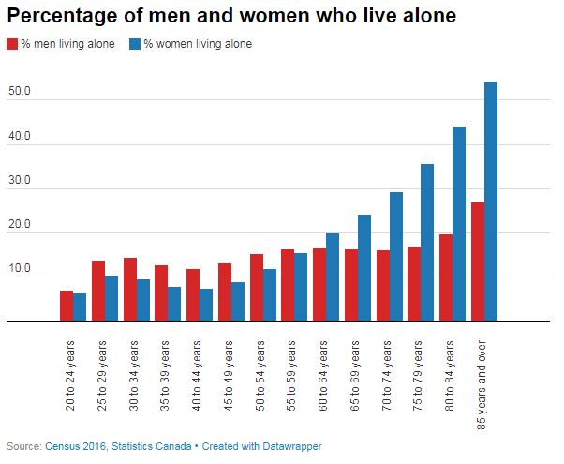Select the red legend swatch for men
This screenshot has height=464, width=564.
click(12, 44)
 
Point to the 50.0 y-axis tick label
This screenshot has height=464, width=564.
click(20, 92)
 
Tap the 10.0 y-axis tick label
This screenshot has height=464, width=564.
click(20, 270)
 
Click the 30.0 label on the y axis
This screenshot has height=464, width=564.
click(20, 181)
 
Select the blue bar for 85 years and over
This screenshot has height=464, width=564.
click(491, 202)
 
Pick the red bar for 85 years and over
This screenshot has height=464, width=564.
click(478, 262)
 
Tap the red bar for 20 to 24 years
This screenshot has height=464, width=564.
click(67, 306)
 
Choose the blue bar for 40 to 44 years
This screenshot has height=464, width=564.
click(206, 305)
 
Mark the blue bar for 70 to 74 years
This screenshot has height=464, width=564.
click(396, 256)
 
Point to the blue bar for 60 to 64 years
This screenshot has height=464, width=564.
click(333, 277)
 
